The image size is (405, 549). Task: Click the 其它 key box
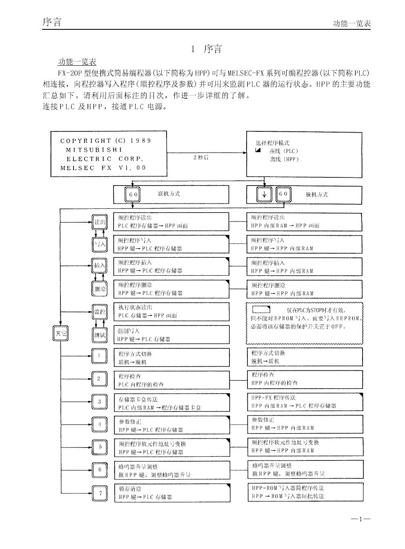[60, 333]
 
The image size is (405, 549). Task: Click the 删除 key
[100, 289]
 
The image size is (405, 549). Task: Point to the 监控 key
[100, 312]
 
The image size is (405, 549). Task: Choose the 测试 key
[100, 335]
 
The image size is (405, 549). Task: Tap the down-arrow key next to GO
[264, 194]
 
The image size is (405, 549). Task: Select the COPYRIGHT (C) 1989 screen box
[108, 154]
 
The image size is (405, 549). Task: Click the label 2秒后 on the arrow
[200, 157]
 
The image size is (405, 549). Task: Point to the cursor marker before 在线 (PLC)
[258, 151]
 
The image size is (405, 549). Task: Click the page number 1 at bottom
[360, 519]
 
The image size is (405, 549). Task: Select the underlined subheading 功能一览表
[77, 62]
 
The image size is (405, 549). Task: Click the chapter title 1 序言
[207, 49]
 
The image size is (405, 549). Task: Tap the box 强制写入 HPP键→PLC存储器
[171, 335]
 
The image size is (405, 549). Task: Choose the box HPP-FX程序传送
[305, 402]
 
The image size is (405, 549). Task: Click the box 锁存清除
[171, 493]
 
